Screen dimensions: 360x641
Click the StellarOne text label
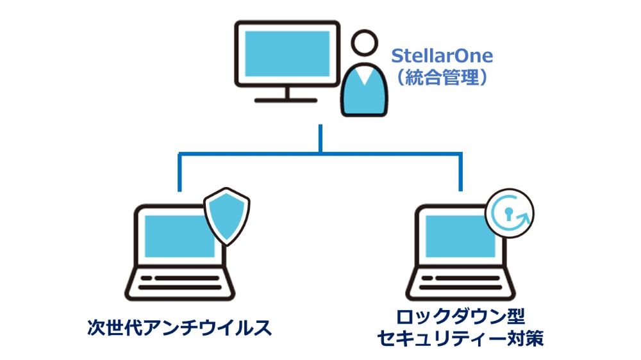pyautogui.click(x=442, y=56)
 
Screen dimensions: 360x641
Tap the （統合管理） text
pyautogui.click(x=442, y=78)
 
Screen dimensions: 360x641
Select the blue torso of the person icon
pyautogui.click(x=365, y=96)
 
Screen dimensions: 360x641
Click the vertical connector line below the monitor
pyautogui.click(x=320, y=138)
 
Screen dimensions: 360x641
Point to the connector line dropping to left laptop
pyautogui.click(x=179, y=172)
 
